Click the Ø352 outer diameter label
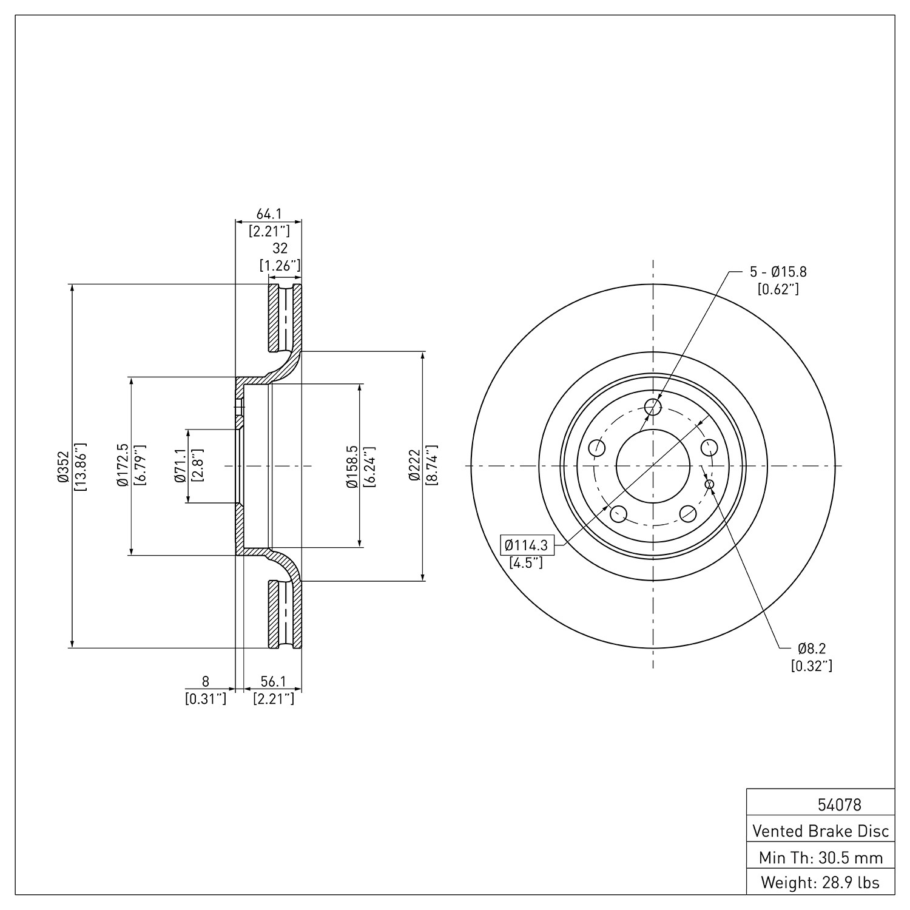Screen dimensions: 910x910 pyautogui.click(x=62, y=466)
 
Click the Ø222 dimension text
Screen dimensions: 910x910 pyautogui.click(x=414, y=465)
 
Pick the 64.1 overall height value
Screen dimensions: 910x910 pyautogui.click(x=268, y=214)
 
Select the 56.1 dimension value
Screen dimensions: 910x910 pyautogui.click(x=273, y=682)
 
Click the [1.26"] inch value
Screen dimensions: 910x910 pyautogui.click(x=280, y=265)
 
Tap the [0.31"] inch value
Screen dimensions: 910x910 pyautogui.click(x=206, y=699)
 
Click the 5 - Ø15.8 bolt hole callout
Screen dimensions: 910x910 pyautogui.click(x=777, y=272)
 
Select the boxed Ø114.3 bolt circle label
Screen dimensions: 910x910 pyautogui.click(x=526, y=545)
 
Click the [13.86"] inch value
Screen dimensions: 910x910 pyautogui.click(x=80, y=466)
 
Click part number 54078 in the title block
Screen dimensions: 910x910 pyautogui.click(x=840, y=805)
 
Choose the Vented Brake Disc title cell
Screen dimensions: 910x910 pyautogui.click(x=821, y=831)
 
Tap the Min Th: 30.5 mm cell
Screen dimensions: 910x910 pyautogui.click(x=821, y=858)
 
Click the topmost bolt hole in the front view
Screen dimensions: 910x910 pyautogui.click(x=653, y=406)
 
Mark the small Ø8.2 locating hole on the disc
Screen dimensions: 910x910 pyautogui.click(x=709, y=484)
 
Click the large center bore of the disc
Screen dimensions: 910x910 pyautogui.click(x=653, y=466)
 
